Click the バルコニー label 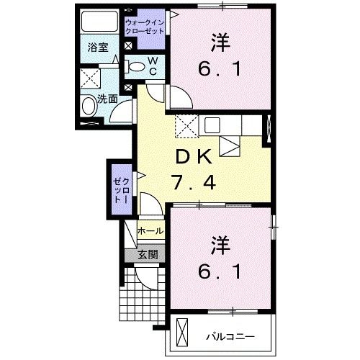pyautogui.click(x=230, y=336)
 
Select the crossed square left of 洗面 pyautogui.click(x=91, y=78)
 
